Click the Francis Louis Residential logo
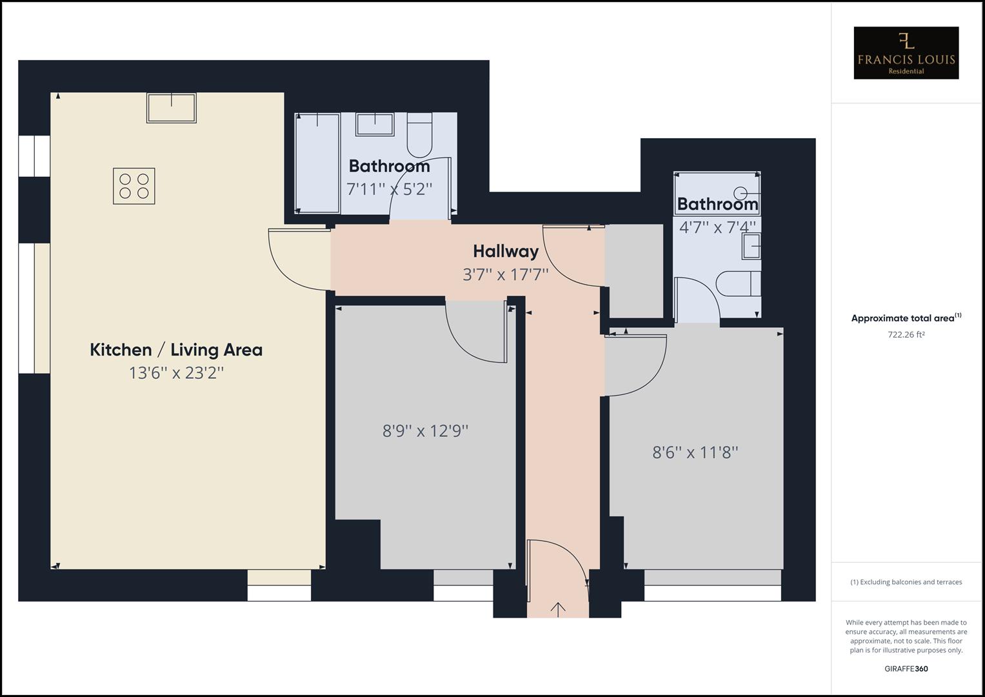pyautogui.click(x=906, y=53)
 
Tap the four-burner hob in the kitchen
pyautogui.click(x=134, y=186)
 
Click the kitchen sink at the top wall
pyautogui.click(x=171, y=108)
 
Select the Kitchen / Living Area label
pyautogui.click(x=176, y=350)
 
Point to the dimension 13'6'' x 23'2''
pyautogui.click(x=176, y=373)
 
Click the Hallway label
pyautogui.click(x=505, y=251)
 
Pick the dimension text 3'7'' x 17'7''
pyautogui.click(x=505, y=274)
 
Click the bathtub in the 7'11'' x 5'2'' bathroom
pyautogui.click(x=317, y=163)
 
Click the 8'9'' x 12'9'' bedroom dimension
pyautogui.click(x=425, y=430)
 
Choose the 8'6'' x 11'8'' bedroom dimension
pyautogui.click(x=695, y=452)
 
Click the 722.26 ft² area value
pyautogui.click(x=906, y=334)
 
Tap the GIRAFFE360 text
pyautogui.click(x=906, y=669)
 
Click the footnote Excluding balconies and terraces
pyautogui.click(x=906, y=582)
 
